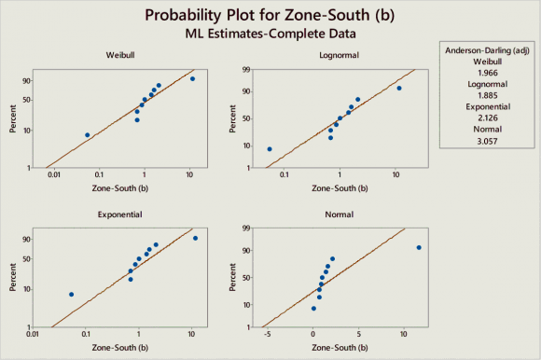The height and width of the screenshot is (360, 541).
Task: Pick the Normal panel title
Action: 339,215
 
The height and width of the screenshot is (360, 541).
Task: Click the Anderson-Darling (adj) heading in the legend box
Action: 487,49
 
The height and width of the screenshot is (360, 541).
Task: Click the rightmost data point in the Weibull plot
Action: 192,78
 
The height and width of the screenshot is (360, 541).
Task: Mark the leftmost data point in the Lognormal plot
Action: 270,149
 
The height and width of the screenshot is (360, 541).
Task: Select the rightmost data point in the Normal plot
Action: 419,247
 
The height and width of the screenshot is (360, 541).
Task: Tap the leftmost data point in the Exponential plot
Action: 71,295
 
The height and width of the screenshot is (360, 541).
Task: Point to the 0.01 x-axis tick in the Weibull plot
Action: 56,174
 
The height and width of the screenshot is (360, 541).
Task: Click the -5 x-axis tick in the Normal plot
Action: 268,334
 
